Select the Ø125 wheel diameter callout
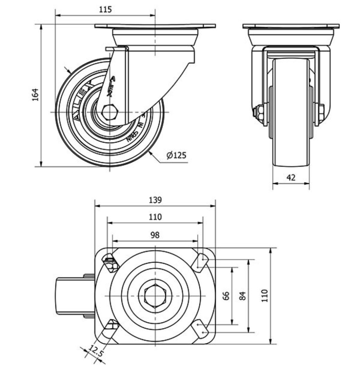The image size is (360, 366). click(x=176, y=156)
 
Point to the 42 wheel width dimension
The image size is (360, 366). click(x=291, y=177)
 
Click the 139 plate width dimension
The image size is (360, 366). click(x=155, y=200)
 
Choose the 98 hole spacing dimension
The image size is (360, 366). click(x=155, y=235)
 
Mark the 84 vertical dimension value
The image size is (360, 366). click(x=243, y=296)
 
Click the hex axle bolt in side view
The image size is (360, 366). click(x=110, y=112)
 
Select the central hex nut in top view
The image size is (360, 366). click(x=155, y=296)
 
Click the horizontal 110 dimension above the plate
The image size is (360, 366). click(x=155, y=217)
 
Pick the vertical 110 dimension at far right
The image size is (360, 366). click(x=264, y=296)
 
